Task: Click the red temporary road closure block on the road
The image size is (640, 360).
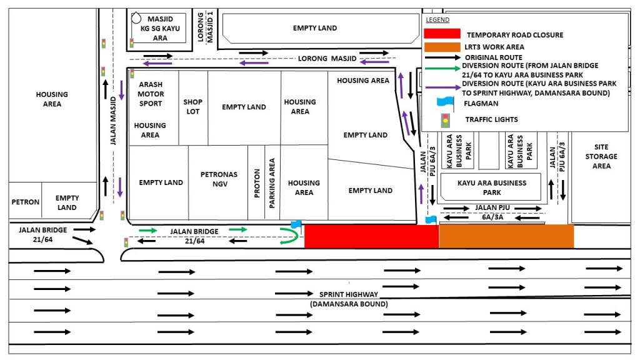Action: (x=371, y=236)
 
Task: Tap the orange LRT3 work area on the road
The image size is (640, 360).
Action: (x=506, y=236)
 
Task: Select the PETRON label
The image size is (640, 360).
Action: (x=25, y=202)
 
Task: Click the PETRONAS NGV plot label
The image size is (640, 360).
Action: (x=219, y=179)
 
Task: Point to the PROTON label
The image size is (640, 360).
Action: (x=257, y=183)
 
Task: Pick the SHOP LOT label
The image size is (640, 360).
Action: (x=192, y=106)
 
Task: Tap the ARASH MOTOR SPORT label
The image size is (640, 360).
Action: (x=151, y=94)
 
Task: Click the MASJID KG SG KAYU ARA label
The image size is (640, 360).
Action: (x=160, y=28)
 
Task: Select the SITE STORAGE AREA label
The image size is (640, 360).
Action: (x=601, y=156)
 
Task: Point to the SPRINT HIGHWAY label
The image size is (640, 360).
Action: (x=349, y=294)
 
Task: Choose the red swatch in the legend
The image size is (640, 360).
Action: (x=442, y=34)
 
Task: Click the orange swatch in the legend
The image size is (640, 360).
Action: (x=442, y=47)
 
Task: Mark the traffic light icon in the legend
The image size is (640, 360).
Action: (x=445, y=121)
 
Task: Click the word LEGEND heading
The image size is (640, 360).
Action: (x=437, y=19)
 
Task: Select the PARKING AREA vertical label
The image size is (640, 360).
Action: (x=272, y=183)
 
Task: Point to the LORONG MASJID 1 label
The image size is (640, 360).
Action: (x=205, y=27)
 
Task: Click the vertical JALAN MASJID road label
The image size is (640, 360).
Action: (x=113, y=121)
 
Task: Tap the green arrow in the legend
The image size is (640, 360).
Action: (x=443, y=69)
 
